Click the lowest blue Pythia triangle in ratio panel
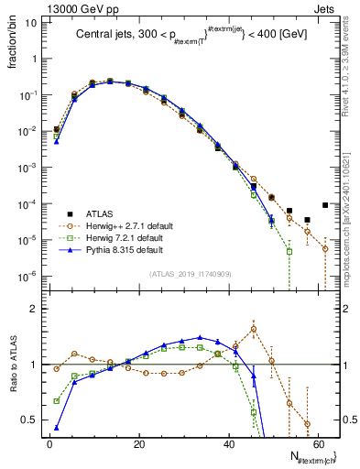tap(57, 427)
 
